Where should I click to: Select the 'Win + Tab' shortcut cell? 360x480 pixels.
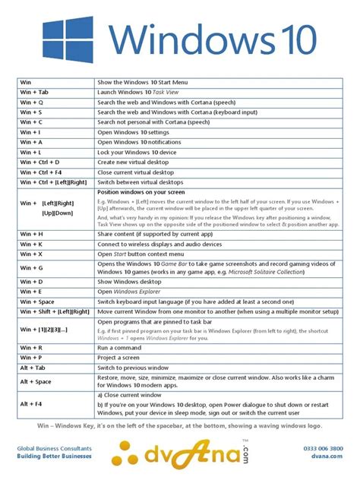34,91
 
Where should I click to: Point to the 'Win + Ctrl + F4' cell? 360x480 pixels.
43,172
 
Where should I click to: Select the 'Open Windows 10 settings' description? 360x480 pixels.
134,131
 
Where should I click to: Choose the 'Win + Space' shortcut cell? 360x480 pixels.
38,302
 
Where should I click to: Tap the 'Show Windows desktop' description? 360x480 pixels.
131,281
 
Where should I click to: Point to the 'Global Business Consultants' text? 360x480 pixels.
54,448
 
